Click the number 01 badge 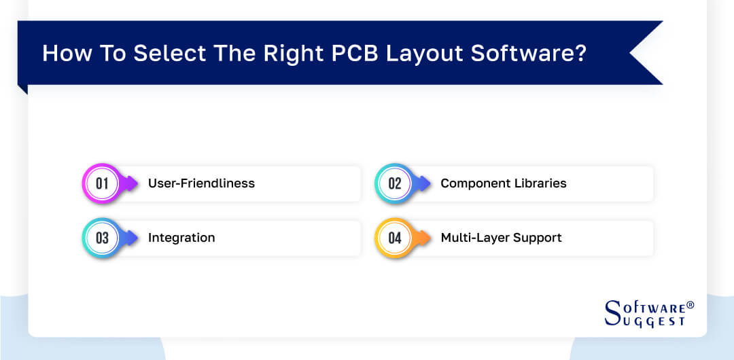pyautogui.click(x=102, y=183)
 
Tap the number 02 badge pyautogui.click(x=394, y=183)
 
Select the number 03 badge pyautogui.click(x=102, y=238)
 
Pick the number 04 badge pyautogui.click(x=394, y=238)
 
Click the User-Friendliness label pyautogui.click(x=201, y=183)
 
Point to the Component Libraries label pyautogui.click(x=503, y=183)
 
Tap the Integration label pyautogui.click(x=181, y=238)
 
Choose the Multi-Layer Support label pyautogui.click(x=501, y=238)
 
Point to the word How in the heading pyautogui.click(x=65, y=53)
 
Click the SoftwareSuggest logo pyautogui.click(x=646, y=313)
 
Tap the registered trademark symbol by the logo pyautogui.click(x=691, y=305)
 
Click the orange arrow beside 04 pyautogui.click(x=422, y=238)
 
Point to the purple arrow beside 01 pyautogui.click(x=130, y=183)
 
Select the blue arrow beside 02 pyautogui.click(x=422, y=183)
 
